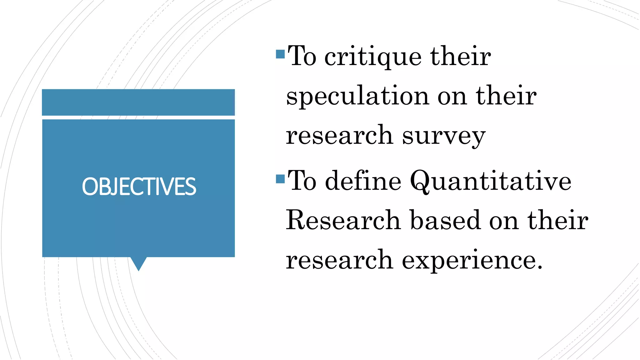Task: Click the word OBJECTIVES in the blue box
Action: (x=139, y=187)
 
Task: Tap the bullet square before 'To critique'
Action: (x=280, y=54)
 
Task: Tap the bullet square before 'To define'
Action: (x=280, y=179)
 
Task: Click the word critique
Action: (x=373, y=57)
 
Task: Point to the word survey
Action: (x=444, y=136)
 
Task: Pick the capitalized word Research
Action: (x=343, y=221)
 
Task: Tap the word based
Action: (x=445, y=221)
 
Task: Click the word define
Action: (x=363, y=181)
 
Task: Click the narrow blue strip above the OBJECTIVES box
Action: (x=138, y=102)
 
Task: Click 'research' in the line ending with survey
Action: (x=339, y=136)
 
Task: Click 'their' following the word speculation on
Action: (x=506, y=96)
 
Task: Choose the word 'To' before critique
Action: (x=302, y=56)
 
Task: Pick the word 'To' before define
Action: (x=302, y=181)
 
